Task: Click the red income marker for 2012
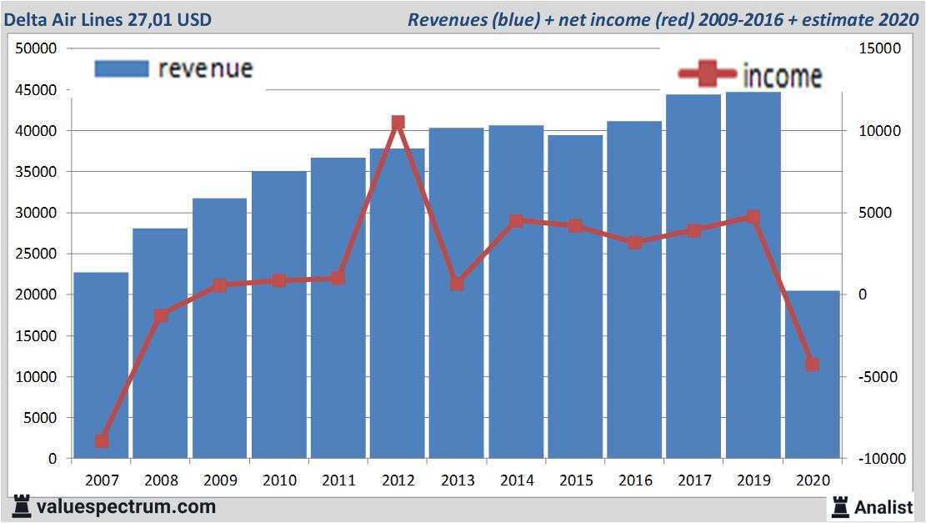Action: point(398,123)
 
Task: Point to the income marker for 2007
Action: point(102,440)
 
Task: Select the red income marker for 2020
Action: point(813,365)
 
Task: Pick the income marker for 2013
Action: point(457,284)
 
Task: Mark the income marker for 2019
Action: point(753,217)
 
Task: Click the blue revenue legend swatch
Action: point(122,68)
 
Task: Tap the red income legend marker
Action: point(707,75)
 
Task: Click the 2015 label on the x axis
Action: point(576,480)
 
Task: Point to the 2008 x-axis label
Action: point(161,480)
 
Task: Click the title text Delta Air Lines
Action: point(71,19)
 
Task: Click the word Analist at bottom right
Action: point(884,506)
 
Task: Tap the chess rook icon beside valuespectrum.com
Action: point(23,505)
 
